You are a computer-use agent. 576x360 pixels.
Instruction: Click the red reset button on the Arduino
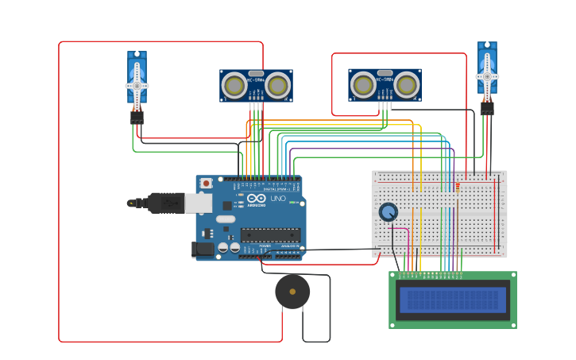coord(206,183)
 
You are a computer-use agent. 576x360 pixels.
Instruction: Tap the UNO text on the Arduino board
coord(278,198)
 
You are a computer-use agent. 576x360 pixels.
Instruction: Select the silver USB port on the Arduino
coord(199,203)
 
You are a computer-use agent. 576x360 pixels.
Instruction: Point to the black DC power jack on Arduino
coord(203,250)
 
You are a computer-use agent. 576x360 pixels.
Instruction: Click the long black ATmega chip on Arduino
coord(270,234)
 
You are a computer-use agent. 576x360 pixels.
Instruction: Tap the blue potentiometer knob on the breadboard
coord(388,211)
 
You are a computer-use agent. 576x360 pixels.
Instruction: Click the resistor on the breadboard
coord(457,188)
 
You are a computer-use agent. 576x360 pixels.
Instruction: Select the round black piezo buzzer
coord(292,292)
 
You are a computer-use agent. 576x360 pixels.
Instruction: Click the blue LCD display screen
coord(453,300)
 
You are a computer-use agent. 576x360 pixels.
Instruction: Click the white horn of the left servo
coord(137,85)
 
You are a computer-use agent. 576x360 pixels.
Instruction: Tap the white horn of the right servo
coord(487,76)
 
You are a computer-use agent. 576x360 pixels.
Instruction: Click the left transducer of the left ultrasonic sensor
coord(234,84)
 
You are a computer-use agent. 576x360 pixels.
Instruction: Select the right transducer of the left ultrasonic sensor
coord(277,84)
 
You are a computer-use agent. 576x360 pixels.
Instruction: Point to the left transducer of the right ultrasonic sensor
coord(363,84)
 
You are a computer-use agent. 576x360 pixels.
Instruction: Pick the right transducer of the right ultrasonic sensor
coord(406,84)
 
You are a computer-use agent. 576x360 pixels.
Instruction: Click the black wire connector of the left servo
coord(137,117)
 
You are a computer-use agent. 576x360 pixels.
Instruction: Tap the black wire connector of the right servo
coord(487,107)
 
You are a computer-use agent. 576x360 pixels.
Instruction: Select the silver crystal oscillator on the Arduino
coord(226,219)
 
